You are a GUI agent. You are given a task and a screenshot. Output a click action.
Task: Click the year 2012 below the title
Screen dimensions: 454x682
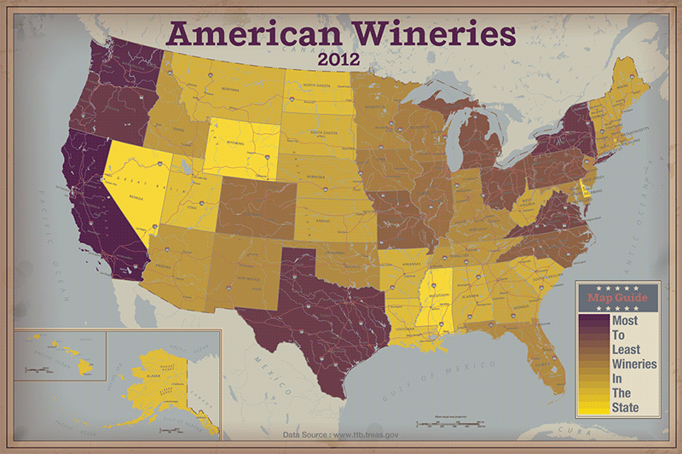(x=341, y=61)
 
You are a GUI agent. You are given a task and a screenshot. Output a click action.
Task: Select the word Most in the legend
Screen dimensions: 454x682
(x=625, y=320)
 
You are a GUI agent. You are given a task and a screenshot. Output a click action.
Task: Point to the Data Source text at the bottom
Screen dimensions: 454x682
(x=340, y=434)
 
